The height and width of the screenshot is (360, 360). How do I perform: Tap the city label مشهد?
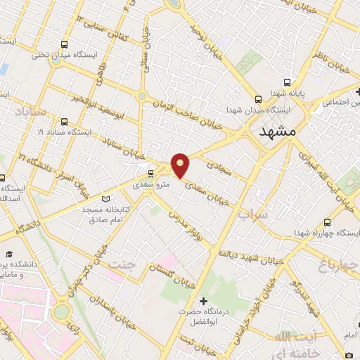tap(278, 131)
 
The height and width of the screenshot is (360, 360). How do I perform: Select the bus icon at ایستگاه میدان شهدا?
tap(259, 99)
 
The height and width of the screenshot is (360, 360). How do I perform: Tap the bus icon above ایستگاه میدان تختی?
tap(65, 44)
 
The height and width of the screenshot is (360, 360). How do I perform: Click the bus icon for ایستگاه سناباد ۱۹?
tap(65, 121)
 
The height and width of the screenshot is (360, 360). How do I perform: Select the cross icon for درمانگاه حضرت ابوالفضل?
tap(204, 301)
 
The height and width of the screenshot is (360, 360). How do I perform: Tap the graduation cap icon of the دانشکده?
tap(10, 254)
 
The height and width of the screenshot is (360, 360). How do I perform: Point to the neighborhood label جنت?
tap(120, 266)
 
